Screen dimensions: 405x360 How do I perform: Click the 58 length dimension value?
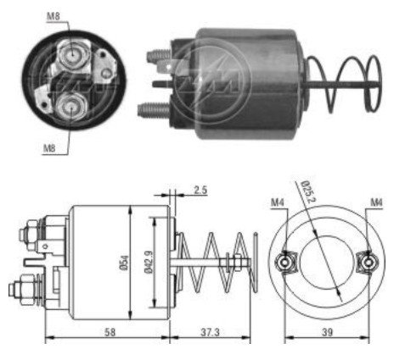click(110, 332)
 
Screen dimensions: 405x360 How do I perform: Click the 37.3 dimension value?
click(210, 332)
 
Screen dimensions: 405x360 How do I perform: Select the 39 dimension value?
click(327, 332)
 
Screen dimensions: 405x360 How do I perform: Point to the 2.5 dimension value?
click(200, 190)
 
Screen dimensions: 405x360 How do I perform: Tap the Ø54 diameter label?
click(125, 263)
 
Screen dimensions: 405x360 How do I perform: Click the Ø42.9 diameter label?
click(149, 262)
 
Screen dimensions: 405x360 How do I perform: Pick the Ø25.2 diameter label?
click(308, 191)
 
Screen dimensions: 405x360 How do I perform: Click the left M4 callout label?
click(278, 202)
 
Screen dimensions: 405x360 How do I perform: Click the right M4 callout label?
click(376, 202)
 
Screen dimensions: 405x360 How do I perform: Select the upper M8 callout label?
click(53, 16)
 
